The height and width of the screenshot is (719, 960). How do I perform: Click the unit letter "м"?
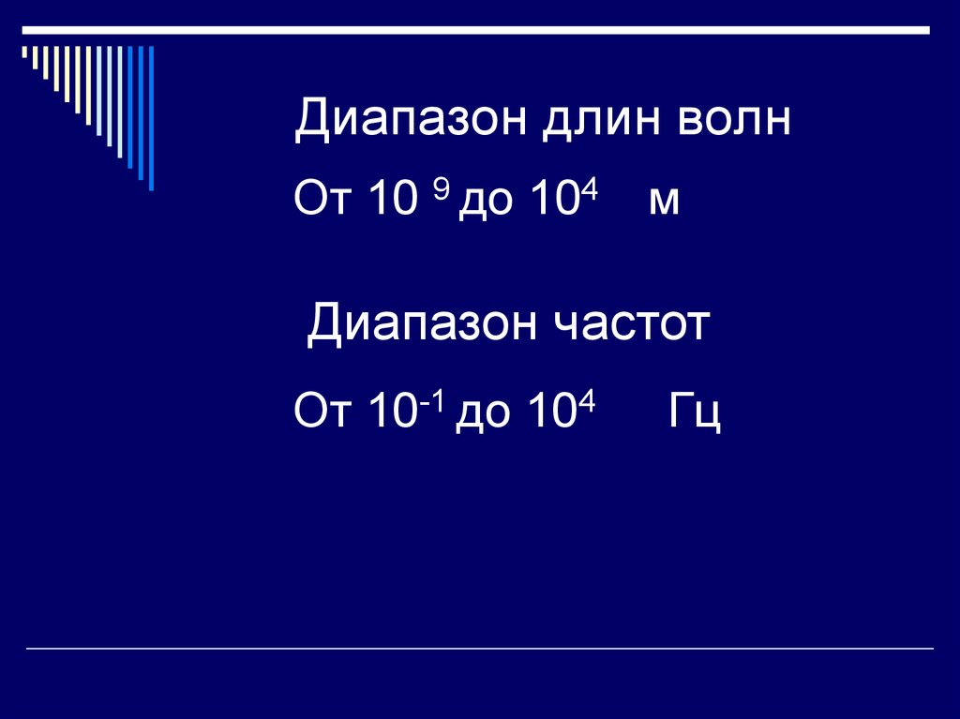click(663, 202)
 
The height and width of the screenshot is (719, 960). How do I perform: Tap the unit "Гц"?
click(695, 413)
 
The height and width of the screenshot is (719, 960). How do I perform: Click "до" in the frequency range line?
click(484, 413)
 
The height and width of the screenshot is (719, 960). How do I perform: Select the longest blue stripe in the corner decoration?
click(151, 117)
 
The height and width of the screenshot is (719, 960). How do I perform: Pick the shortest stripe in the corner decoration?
click(25, 53)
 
